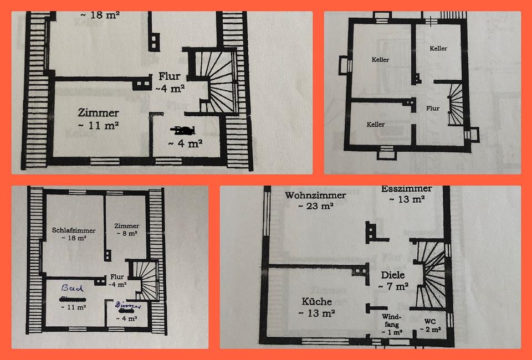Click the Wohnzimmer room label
pyautogui.click(x=315, y=195)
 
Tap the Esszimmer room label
pyautogui.click(x=406, y=189)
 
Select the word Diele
pyautogui.click(x=393, y=275)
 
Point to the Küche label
pyautogui.click(x=317, y=302)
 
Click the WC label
pyautogui.click(x=430, y=321)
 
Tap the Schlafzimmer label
pyautogui.click(x=74, y=230)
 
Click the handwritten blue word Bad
pyautogui.click(x=72, y=289)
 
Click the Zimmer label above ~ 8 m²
pyautogui.click(x=127, y=226)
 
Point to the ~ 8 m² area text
pyautogui.click(x=127, y=234)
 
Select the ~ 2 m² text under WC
pyautogui.click(x=430, y=330)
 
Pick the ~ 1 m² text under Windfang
pyautogui.click(x=392, y=332)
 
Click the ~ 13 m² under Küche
pyautogui.click(x=317, y=313)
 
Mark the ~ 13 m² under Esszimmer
pyautogui.click(x=406, y=199)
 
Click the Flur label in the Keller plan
pyautogui.click(x=433, y=109)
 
